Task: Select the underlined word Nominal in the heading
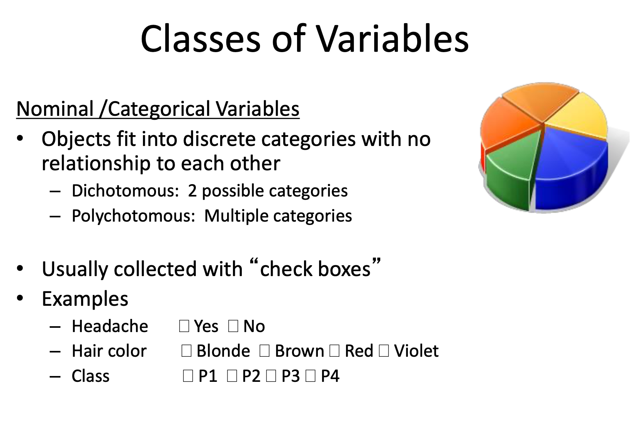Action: (55, 109)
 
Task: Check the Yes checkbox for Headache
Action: (184, 326)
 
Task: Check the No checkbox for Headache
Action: (233, 326)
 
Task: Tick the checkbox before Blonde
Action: (187, 351)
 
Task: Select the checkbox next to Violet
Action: (384, 351)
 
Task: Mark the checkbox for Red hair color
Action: (334, 351)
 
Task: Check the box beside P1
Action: (188, 376)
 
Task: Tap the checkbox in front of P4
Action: (311, 376)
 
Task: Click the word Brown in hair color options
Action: (299, 351)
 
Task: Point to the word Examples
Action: (85, 299)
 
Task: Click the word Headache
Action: (110, 327)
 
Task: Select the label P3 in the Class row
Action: (290, 376)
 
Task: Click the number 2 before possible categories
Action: (192, 191)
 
